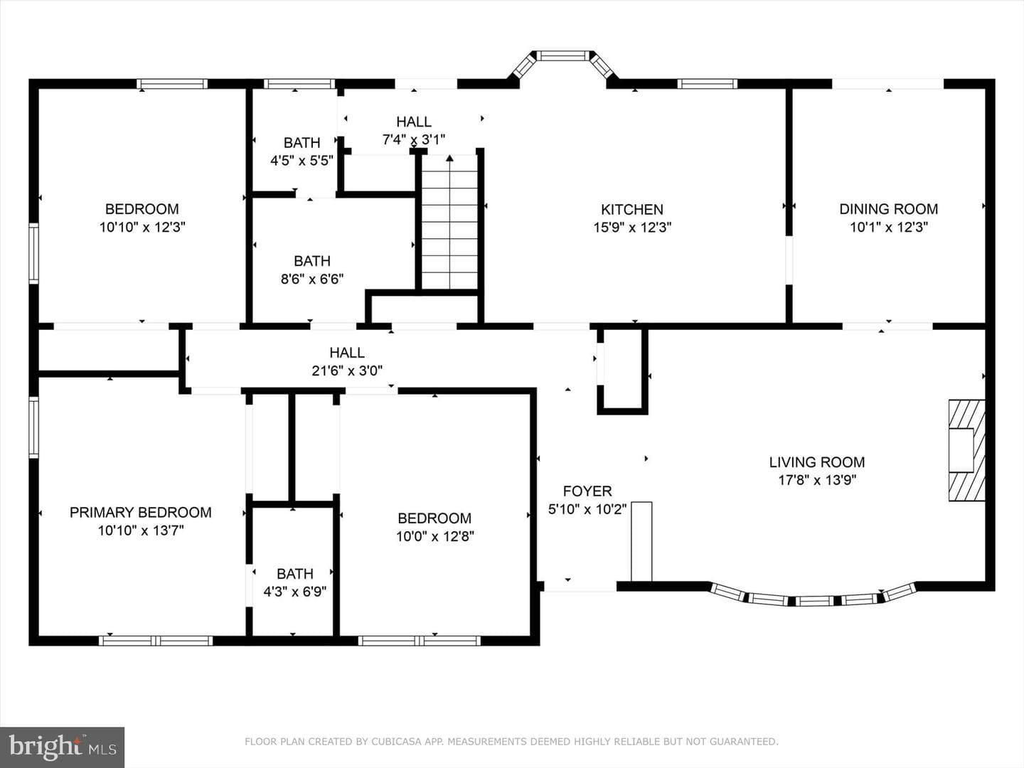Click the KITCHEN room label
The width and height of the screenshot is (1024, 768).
[631, 209]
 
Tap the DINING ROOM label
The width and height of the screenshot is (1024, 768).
[888, 209]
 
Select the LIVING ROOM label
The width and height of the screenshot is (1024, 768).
[817, 462]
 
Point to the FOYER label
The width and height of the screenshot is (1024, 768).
[587, 491]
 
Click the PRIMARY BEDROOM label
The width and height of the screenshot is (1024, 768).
[140, 513]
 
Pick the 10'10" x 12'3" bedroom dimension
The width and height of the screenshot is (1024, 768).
[142, 228]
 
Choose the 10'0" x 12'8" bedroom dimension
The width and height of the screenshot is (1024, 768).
[434, 537]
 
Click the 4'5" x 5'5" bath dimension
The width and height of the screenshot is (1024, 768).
[302, 161]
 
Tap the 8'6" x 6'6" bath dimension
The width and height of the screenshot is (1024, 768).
[312, 279]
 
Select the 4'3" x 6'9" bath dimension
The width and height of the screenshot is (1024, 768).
[295, 592]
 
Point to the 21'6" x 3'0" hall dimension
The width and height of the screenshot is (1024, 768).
[347, 370]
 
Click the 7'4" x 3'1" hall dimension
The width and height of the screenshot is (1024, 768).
[414, 139]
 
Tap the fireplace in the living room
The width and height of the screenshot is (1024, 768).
[966, 450]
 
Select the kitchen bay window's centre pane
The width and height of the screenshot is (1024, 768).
[562, 56]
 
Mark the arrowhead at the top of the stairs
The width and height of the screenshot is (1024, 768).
[449, 158]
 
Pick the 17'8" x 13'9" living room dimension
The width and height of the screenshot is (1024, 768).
[817, 480]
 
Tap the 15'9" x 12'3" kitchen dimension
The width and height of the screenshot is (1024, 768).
[632, 228]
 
